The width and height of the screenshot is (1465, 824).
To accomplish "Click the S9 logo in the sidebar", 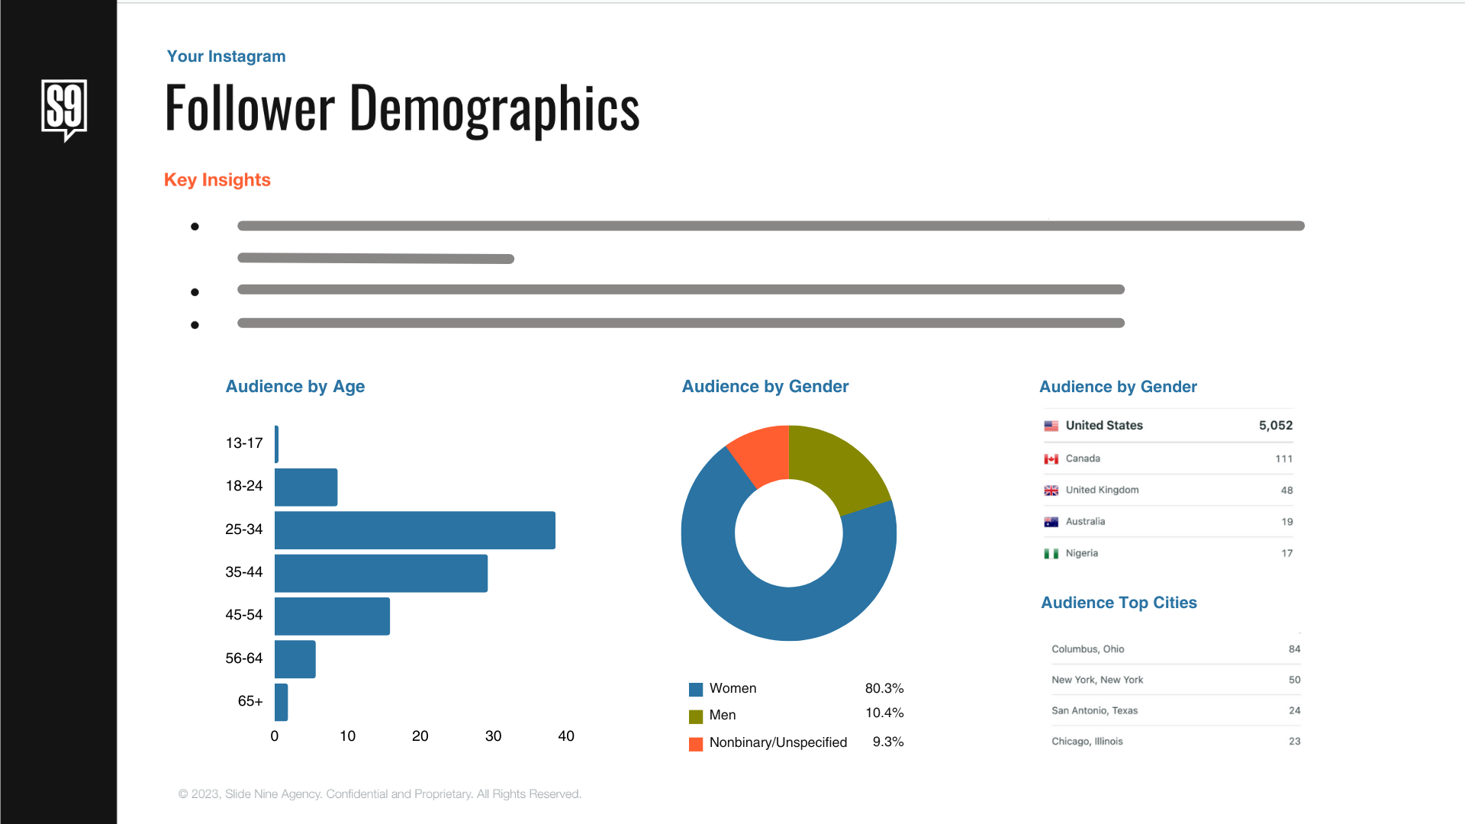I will point(64,109).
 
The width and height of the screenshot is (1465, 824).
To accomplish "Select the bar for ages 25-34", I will point(414,530).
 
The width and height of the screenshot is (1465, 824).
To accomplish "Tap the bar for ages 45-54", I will point(332,616).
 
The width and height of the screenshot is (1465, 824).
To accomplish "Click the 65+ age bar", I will point(282,702).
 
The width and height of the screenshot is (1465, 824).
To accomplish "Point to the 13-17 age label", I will point(244,443).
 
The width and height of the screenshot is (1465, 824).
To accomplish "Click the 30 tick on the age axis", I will point(493,736).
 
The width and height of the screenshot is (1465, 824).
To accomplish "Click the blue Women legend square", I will point(696,690).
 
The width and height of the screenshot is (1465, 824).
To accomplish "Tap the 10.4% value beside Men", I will point(884,713).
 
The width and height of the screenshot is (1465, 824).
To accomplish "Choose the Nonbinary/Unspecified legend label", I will point(778,742).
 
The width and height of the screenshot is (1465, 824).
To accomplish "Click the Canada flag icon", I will point(1051,459).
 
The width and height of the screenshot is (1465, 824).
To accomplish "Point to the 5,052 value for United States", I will point(1275,426).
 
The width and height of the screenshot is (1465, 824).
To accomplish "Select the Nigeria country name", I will point(1081,553).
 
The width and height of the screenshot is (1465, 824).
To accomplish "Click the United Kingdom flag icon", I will point(1051,491).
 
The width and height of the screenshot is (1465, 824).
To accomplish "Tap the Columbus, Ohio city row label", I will point(1087,649).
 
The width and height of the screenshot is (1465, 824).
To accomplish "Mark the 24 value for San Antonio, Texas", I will point(1294,710).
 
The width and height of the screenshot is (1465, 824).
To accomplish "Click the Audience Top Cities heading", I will point(1119,603).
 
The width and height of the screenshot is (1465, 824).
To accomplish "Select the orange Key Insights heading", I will point(217,180).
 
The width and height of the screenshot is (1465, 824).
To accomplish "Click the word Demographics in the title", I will point(494,108).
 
